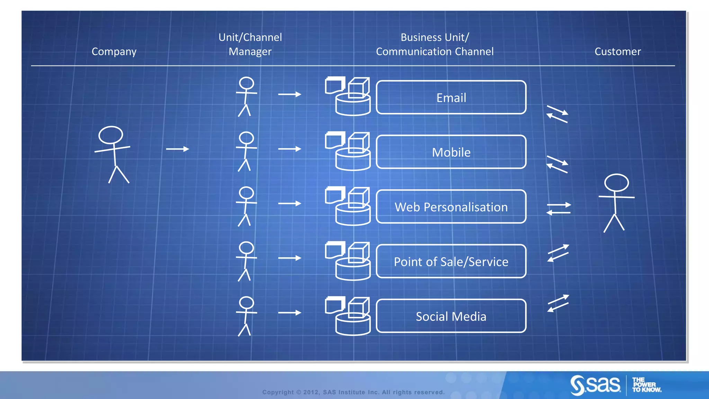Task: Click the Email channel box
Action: coord(451,98)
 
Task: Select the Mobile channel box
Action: coord(451,152)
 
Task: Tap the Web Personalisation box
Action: coord(451,207)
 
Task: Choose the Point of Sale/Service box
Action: coord(451,261)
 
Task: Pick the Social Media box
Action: coord(451,316)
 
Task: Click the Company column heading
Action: coord(114,52)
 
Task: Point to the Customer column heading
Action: coord(618,52)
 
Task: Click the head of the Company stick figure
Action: coord(111,135)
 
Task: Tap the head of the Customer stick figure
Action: coord(617,183)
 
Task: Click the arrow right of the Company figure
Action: coord(178,149)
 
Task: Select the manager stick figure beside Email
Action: coord(246,97)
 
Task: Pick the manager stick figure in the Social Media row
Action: coord(246,316)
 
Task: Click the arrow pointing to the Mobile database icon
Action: coord(290,149)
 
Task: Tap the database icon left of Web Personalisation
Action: coord(348,206)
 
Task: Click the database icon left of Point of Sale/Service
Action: coord(348,261)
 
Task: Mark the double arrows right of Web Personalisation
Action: coord(558,209)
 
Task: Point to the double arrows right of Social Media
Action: coord(558,303)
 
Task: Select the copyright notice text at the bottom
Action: coord(353,392)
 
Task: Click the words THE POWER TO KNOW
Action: coord(646,385)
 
